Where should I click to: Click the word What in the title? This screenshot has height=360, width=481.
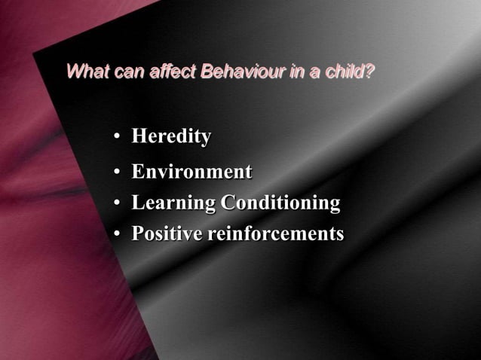click(86, 73)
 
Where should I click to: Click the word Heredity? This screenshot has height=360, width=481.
click(171, 137)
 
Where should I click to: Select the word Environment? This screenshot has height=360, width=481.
click(191, 172)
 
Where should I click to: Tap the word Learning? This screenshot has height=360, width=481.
click(173, 203)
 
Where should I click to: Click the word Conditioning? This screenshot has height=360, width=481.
click(280, 203)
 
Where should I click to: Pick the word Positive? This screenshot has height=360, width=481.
click(167, 233)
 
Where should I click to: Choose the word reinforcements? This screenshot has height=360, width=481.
click(275, 233)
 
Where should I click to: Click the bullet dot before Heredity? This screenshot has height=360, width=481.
click(118, 139)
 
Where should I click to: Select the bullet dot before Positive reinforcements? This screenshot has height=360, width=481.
click(118, 235)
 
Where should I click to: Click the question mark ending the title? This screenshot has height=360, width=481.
click(370, 73)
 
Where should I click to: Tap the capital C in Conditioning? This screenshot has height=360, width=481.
click(227, 203)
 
